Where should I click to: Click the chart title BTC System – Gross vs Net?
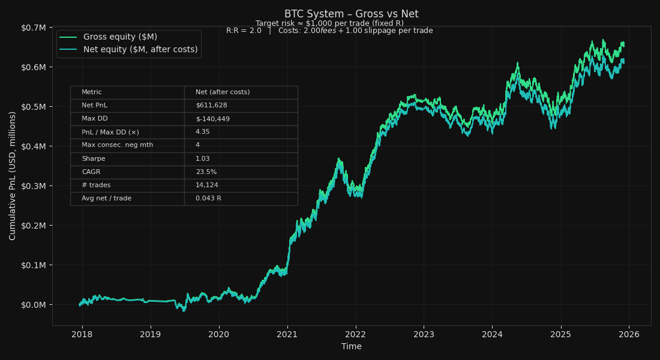click(x=351, y=14)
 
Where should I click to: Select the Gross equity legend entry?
click(x=120, y=37)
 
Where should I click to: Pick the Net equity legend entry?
click(x=140, y=50)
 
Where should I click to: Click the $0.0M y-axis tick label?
click(x=34, y=305)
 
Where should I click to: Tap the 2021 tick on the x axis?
click(x=287, y=334)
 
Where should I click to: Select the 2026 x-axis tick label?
click(x=628, y=334)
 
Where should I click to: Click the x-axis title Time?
click(x=351, y=347)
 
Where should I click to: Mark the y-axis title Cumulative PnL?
click(x=13, y=175)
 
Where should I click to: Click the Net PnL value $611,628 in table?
click(x=211, y=106)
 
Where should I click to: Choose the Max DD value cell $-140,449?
click(x=212, y=119)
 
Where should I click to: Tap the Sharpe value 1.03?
click(x=202, y=159)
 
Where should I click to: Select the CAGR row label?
click(x=91, y=172)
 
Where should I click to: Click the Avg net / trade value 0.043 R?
click(x=208, y=199)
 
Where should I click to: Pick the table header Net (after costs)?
click(x=223, y=92)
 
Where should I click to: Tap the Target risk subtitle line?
click(x=329, y=23)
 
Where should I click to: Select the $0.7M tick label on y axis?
click(x=34, y=28)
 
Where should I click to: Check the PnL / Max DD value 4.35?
click(x=202, y=132)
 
